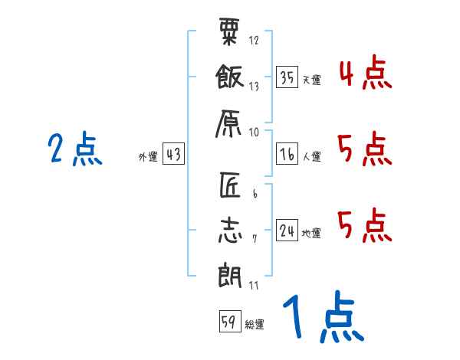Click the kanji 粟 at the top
click(x=229, y=31)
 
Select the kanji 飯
click(x=230, y=77)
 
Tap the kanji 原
click(x=228, y=124)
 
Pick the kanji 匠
click(x=230, y=185)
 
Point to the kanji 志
click(x=230, y=230)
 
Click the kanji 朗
click(x=230, y=275)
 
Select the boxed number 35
click(x=287, y=77)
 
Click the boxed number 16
click(x=287, y=154)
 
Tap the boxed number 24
click(x=287, y=230)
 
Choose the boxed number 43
click(x=173, y=153)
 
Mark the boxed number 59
click(x=230, y=321)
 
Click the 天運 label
click(x=312, y=80)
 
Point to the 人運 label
click(x=312, y=156)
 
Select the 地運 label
click(x=311, y=234)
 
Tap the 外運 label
click(x=148, y=156)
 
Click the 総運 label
click(x=255, y=325)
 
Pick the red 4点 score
click(x=366, y=72)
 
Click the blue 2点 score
click(x=75, y=149)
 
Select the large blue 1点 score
click(x=324, y=316)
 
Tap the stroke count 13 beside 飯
click(x=254, y=87)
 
